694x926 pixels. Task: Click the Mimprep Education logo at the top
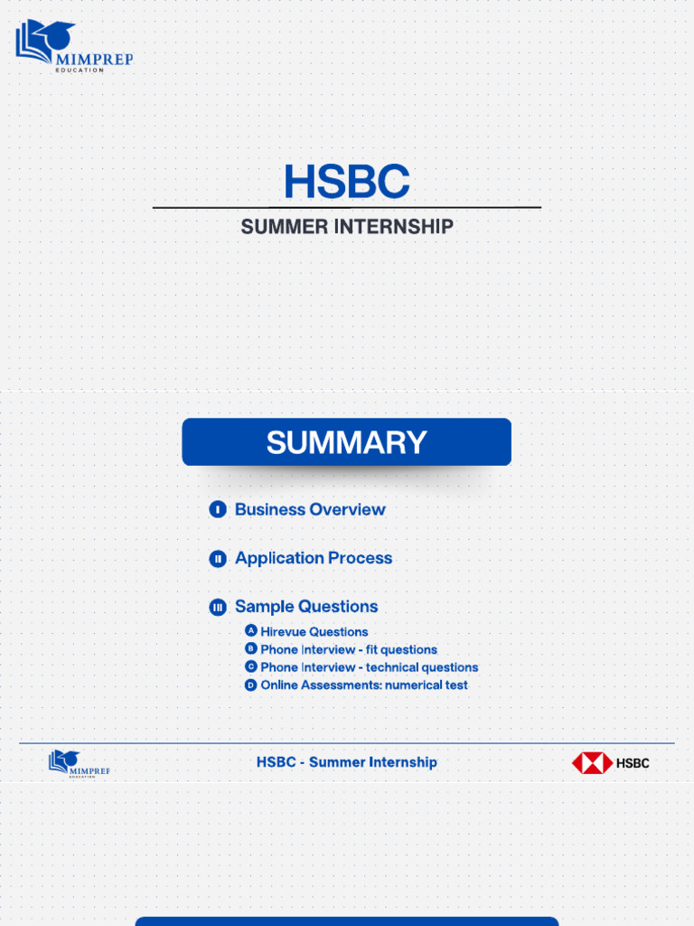[x=72, y=45]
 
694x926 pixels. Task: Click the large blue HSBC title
[x=346, y=182]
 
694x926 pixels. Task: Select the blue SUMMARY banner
[x=346, y=442]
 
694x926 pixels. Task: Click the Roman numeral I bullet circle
[x=218, y=510]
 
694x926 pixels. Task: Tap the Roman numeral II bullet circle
[x=218, y=559]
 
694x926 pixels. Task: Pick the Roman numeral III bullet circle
[x=218, y=608]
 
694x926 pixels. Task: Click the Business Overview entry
[x=310, y=510]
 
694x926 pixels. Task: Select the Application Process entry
[x=314, y=559]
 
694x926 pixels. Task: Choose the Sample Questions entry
[x=306, y=607]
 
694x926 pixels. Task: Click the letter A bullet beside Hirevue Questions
[x=251, y=631]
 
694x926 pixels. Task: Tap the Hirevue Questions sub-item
[x=314, y=632]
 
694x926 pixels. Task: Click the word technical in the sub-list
[x=392, y=667]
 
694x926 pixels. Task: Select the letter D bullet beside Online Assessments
[x=251, y=685]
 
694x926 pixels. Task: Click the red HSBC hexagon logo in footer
[x=592, y=763]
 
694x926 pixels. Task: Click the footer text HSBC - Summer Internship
[x=346, y=762]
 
